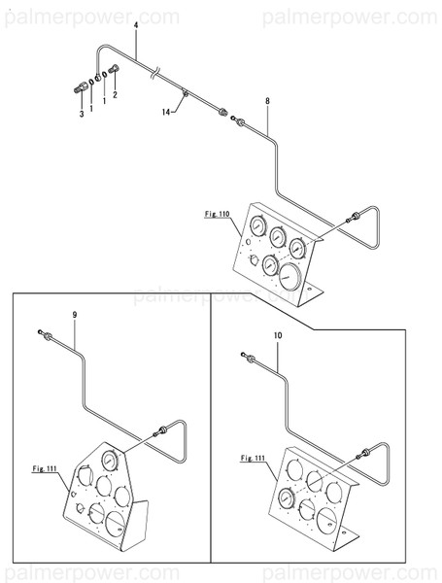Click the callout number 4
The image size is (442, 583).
[136, 25]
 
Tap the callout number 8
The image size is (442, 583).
[267, 101]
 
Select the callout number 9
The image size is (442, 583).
[75, 315]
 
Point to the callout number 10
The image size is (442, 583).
[278, 335]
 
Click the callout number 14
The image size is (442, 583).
[166, 112]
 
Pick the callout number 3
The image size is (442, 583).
[82, 114]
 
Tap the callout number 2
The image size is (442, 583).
[115, 95]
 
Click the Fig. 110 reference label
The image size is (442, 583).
[218, 214]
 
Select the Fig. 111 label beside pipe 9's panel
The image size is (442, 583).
[45, 468]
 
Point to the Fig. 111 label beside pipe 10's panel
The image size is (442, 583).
[253, 458]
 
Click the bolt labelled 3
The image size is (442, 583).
[80, 87]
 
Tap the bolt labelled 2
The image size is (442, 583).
[114, 69]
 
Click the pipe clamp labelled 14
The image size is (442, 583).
[185, 92]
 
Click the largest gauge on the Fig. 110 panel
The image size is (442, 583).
[289, 277]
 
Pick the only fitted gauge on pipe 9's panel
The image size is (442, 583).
[110, 461]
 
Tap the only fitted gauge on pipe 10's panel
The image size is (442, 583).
[286, 498]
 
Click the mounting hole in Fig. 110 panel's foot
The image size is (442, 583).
[309, 289]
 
